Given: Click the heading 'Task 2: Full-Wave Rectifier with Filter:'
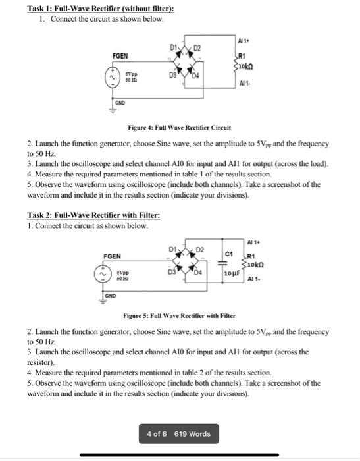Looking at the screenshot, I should tap(93, 215).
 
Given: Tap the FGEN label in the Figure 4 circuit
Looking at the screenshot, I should tap(120, 56).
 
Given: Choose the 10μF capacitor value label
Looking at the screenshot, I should tap(232, 272).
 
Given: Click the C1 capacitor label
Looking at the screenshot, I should tap(229, 253).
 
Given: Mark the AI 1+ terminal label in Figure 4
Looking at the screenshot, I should tap(245, 41).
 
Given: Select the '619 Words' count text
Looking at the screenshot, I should tap(193, 434).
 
